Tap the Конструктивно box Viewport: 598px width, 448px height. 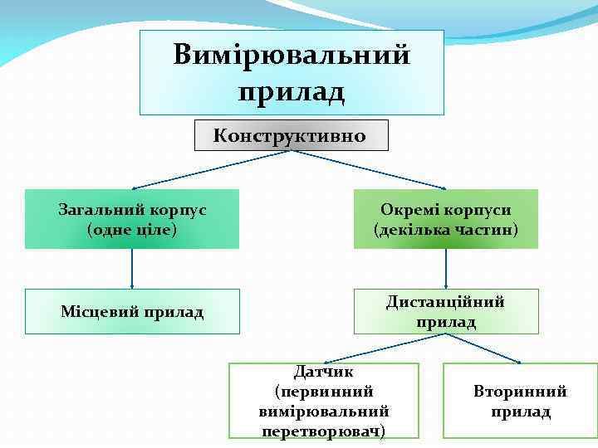291,135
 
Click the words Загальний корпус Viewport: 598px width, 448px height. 132,210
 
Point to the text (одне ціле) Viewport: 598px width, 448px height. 132,229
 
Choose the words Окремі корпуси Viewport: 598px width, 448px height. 446,210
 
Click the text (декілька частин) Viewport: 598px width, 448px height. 446,229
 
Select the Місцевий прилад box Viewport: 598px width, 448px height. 132,312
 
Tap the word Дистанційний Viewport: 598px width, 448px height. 446,302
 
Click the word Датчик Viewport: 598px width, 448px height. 324,372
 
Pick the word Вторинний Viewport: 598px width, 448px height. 521,392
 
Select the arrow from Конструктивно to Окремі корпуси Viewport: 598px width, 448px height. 374,171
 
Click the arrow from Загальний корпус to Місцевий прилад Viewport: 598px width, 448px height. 132,270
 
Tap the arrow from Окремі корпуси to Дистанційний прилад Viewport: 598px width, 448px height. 446,270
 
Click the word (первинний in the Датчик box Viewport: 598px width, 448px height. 324,392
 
